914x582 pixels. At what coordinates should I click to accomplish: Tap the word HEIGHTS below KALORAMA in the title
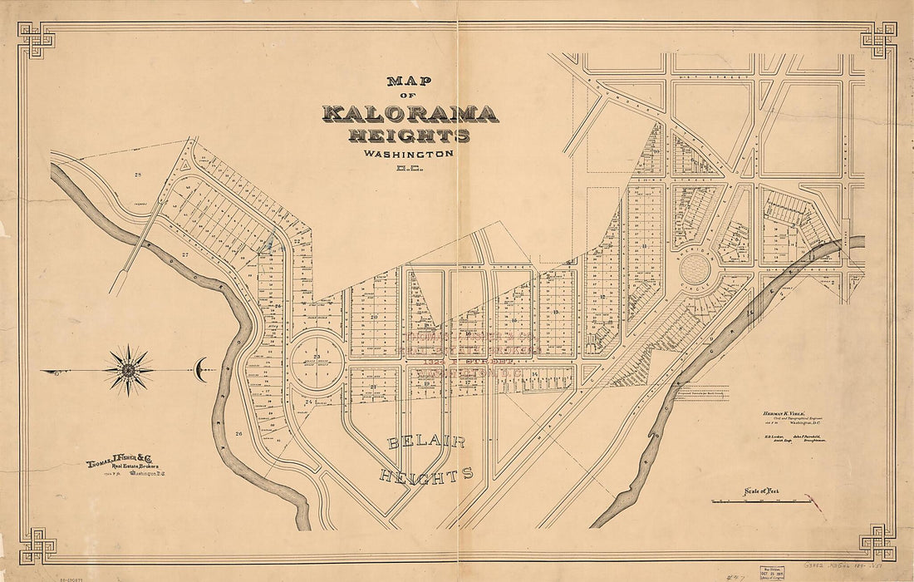point(410,136)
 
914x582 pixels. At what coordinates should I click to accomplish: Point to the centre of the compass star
point(129,369)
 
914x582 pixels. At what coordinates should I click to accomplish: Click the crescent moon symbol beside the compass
point(201,369)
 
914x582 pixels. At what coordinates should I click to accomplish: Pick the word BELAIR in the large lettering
point(426,442)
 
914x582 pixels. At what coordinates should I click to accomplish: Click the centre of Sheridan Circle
point(695,269)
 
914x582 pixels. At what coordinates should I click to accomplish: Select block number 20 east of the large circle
point(374,317)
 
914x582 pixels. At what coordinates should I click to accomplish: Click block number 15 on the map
point(554,311)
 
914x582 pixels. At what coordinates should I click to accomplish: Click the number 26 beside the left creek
point(238,434)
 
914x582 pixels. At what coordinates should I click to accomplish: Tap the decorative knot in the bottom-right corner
point(878,542)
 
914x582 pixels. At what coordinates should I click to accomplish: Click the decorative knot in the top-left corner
point(36,40)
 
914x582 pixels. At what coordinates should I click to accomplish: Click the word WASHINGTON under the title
point(408,154)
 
